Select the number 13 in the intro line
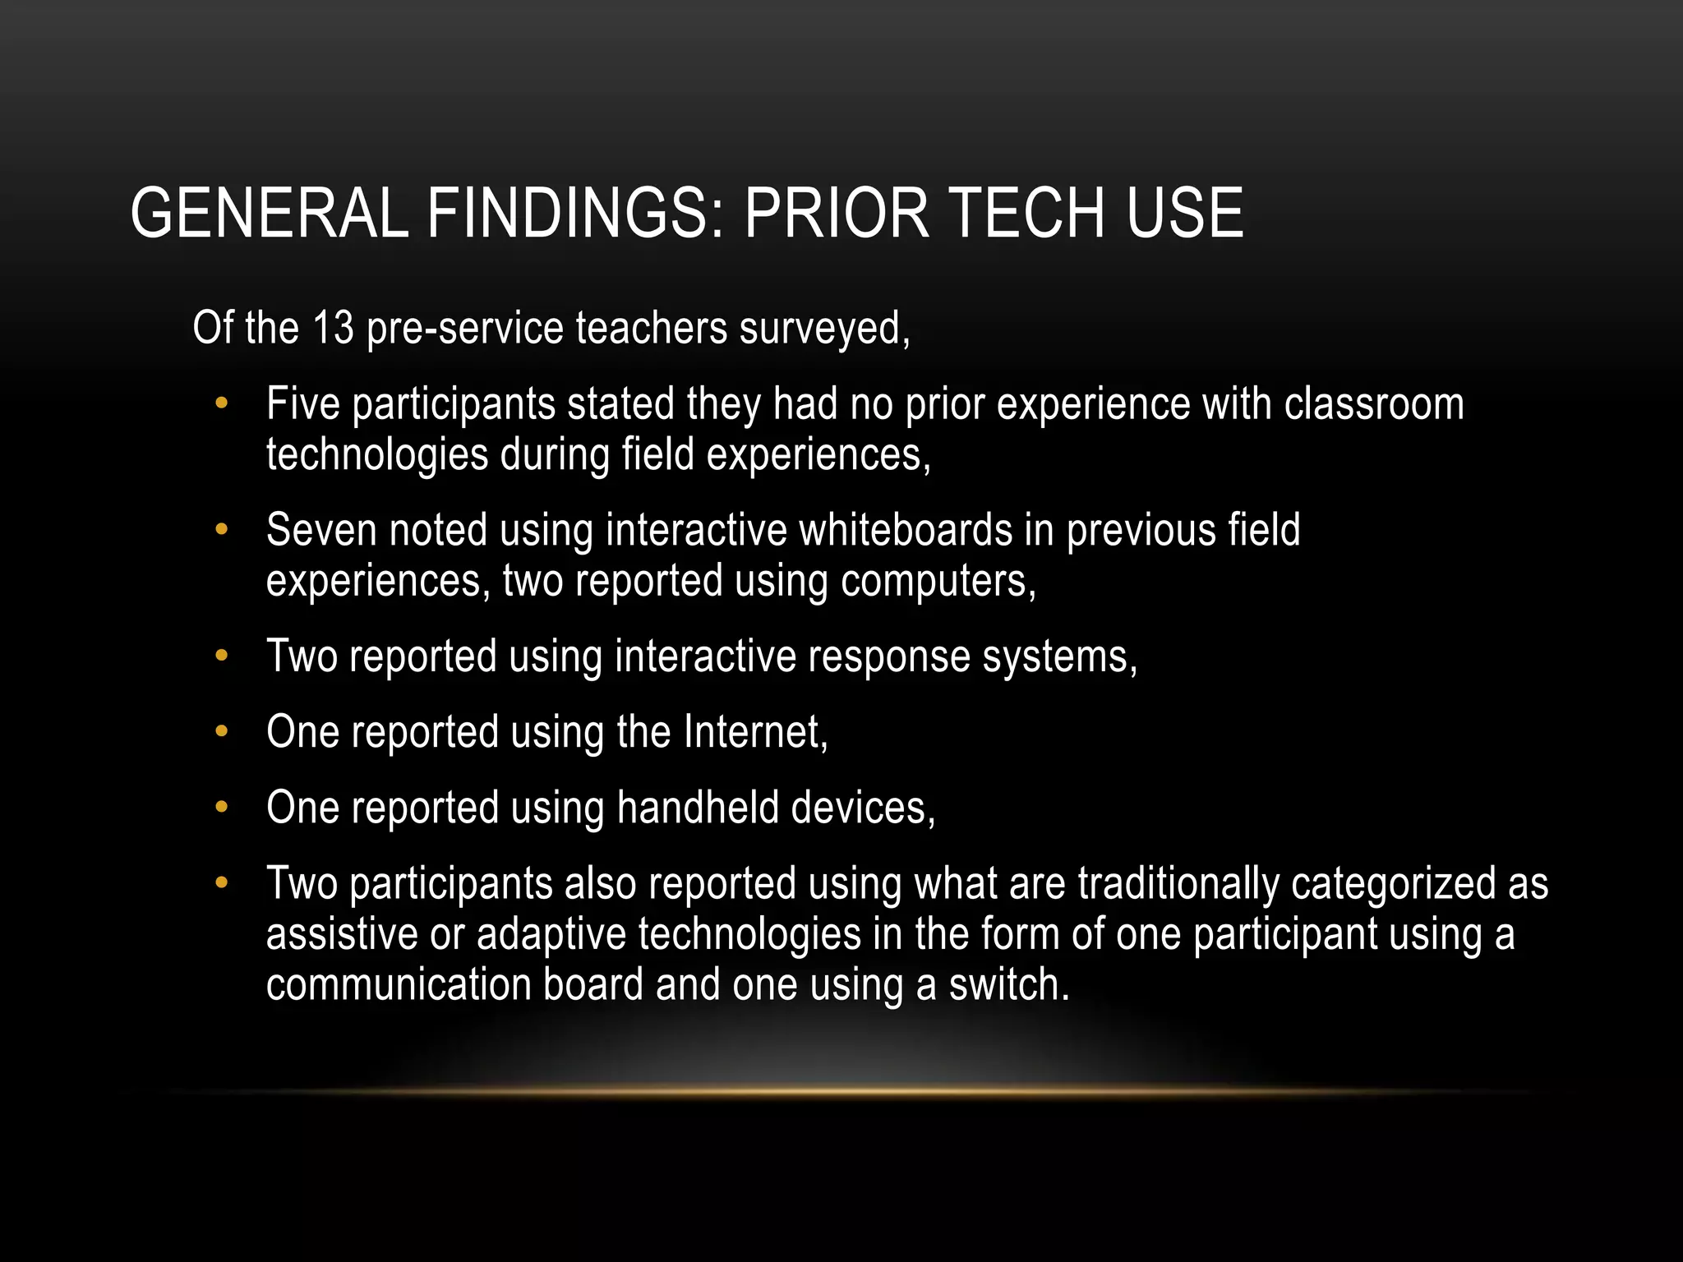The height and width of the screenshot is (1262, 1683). [x=333, y=329]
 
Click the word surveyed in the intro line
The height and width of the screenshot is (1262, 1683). [x=824, y=329]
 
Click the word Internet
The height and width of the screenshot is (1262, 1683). [x=755, y=732]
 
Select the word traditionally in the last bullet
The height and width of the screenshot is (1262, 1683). [x=1178, y=883]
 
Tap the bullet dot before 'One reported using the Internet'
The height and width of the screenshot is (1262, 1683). [x=220, y=731]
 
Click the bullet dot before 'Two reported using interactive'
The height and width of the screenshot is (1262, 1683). [x=220, y=656]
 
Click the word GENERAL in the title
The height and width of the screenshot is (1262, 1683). [x=270, y=214]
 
